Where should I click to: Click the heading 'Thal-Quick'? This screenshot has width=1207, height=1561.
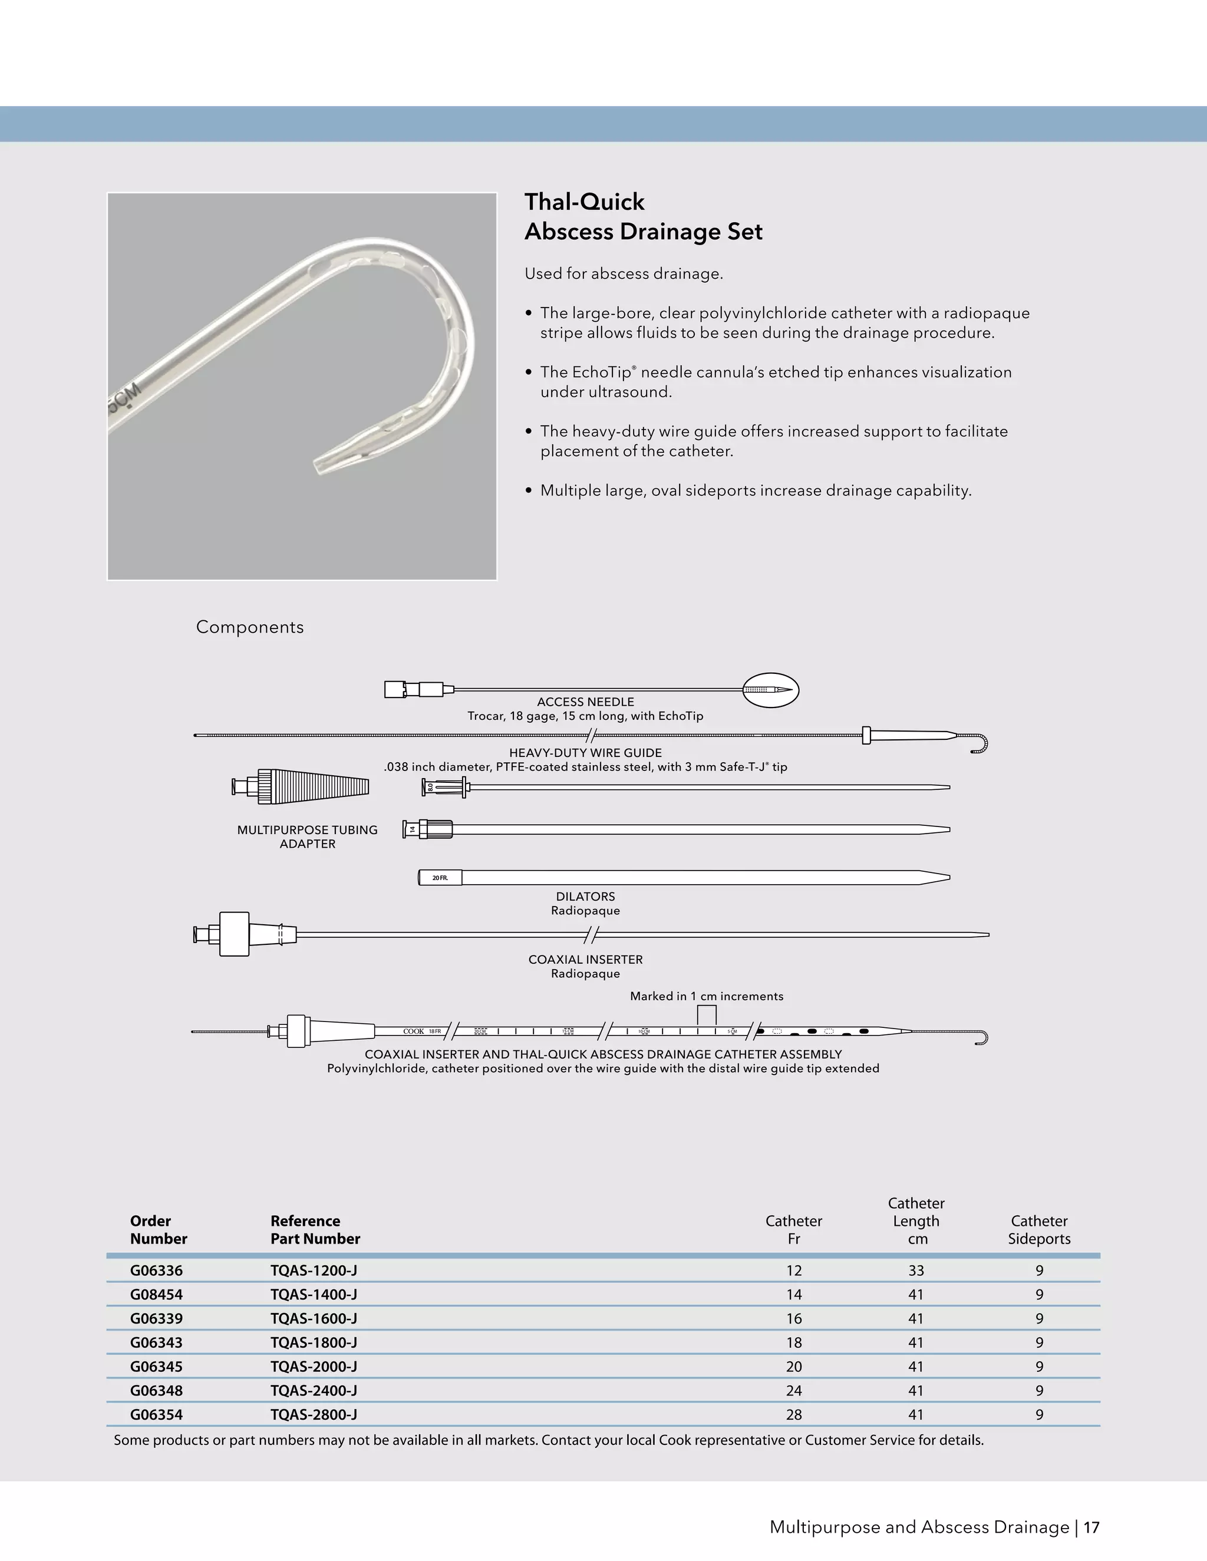[x=584, y=202]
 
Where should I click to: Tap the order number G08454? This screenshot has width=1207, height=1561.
[x=156, y=1294]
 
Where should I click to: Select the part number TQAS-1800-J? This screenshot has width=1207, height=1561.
[x=313, y=1342]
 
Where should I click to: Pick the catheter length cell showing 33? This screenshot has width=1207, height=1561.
[x=916, y=1270]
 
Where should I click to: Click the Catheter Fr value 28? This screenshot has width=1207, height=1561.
[x=794, y=1414]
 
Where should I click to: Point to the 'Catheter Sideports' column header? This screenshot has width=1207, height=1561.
[x=1039, y=1229]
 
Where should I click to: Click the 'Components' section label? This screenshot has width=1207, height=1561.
[x=249, y=627]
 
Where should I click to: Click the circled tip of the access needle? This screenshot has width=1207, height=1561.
[x=770, y=690]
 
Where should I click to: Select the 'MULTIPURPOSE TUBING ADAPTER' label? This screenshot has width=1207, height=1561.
[x=308, y=836]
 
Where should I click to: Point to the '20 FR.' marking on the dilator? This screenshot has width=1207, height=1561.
[x=440, y=878]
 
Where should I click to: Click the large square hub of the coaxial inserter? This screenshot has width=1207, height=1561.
[x=234, y=934]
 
